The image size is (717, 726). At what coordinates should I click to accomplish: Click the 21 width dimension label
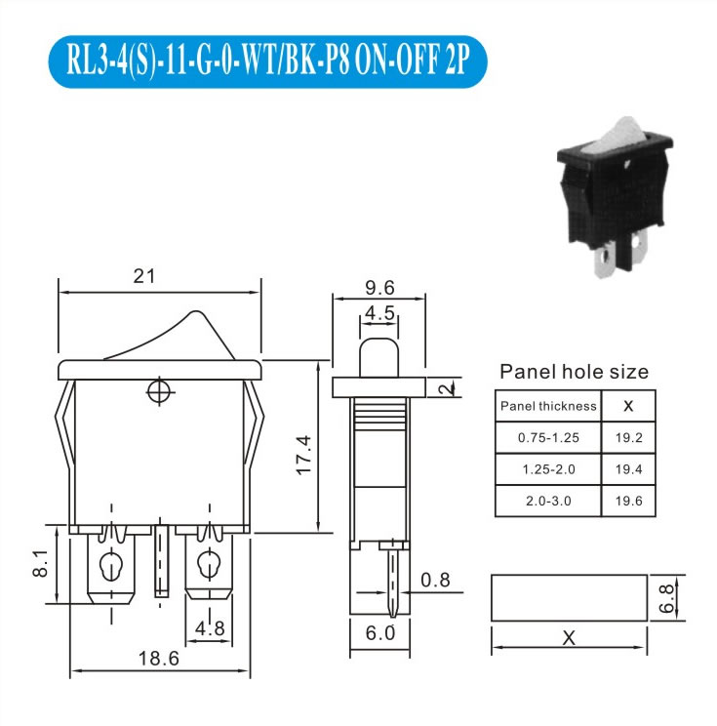144,276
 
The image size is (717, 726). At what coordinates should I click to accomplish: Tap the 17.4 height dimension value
304,455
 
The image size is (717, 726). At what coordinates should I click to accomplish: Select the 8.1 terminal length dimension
40,563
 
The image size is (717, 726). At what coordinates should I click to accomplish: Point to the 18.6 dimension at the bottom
159,659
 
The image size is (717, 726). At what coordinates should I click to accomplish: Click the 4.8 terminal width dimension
210,628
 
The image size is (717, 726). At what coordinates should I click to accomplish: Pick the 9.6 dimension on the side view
379,288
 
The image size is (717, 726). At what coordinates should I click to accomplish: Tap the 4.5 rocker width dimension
379,313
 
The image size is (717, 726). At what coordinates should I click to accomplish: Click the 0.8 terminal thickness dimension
435,580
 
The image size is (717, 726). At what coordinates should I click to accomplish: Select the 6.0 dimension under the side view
380,633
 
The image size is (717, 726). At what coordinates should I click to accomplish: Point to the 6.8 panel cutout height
667,598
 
